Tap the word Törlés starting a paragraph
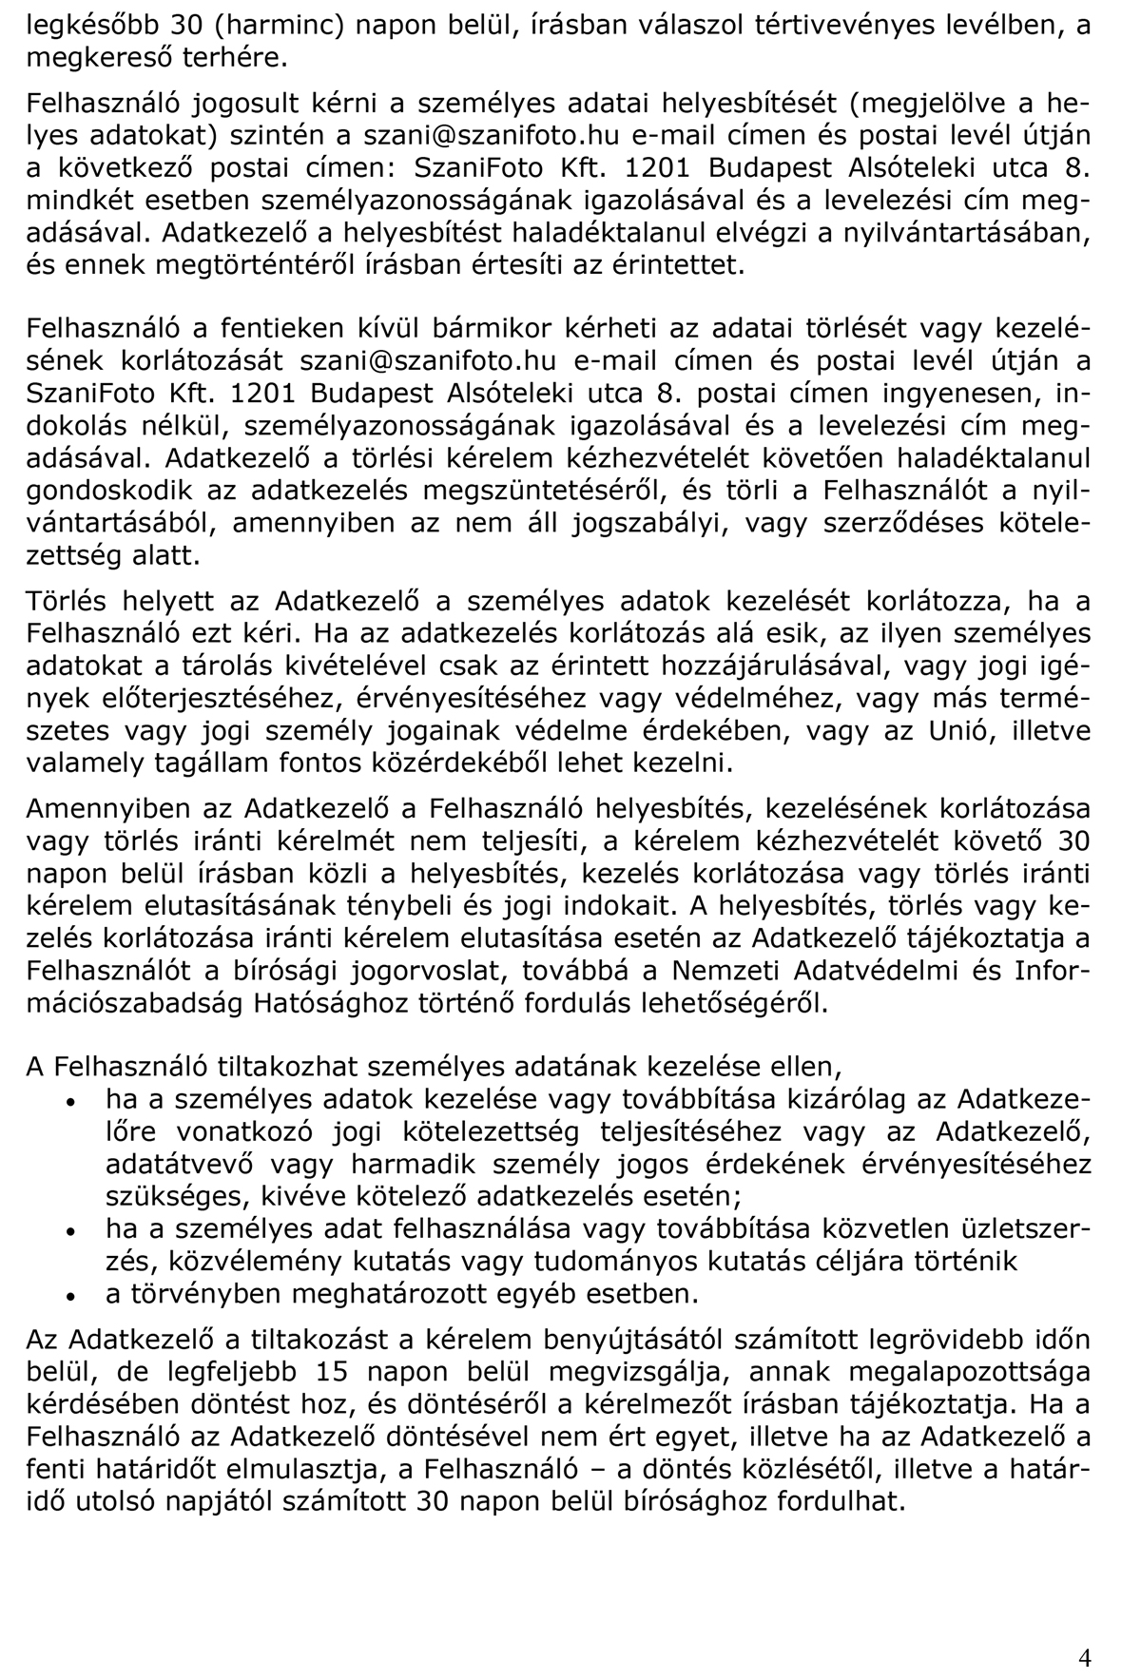(x=71, y=603)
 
